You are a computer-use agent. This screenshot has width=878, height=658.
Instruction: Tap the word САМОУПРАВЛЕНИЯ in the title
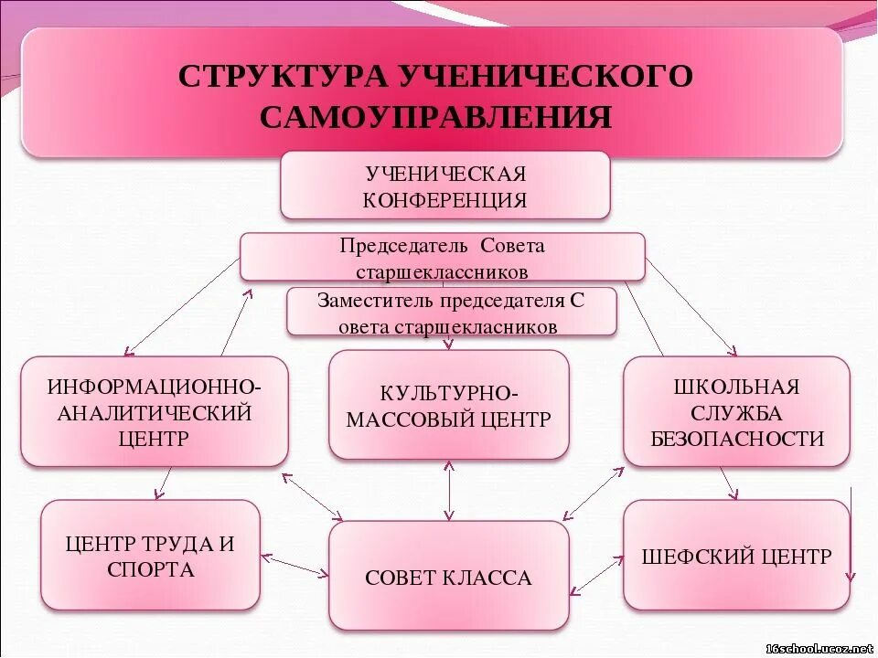436,117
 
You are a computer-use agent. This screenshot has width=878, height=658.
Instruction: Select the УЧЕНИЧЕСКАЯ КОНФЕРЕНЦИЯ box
444,186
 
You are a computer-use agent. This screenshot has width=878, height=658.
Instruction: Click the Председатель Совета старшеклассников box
442,257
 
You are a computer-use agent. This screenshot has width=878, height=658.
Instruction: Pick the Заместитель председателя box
451,313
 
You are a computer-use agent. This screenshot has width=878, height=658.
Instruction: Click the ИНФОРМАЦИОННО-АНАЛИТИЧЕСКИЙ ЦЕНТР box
154,411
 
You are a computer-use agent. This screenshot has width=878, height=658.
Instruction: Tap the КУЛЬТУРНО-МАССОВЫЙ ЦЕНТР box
448,405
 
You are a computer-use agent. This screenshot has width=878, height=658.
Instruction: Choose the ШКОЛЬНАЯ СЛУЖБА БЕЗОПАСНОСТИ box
736,411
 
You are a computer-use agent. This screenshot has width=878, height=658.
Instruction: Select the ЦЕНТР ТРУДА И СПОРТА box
150,556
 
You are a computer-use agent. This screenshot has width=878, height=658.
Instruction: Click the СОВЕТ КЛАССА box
448,576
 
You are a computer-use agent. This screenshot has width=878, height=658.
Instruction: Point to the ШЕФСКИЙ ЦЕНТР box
736,556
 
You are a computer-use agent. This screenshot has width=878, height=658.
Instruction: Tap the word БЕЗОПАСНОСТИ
737,439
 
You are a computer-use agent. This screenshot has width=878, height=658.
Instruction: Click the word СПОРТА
150,570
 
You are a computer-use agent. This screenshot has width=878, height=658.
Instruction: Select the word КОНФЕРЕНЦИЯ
444,200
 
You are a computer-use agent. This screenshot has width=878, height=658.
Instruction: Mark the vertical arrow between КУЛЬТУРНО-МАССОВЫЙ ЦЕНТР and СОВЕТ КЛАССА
448,490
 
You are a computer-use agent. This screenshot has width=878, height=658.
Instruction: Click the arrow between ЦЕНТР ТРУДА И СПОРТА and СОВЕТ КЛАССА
294,564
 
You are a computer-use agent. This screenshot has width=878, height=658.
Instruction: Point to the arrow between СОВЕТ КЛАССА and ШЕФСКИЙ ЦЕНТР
595,576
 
